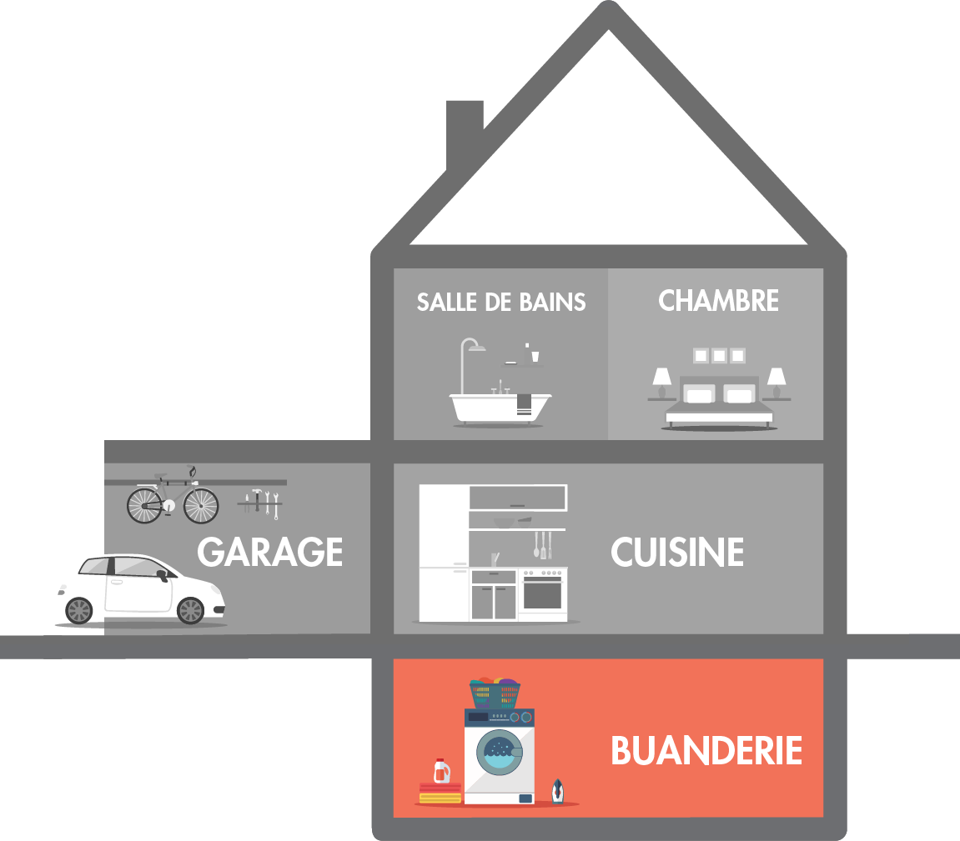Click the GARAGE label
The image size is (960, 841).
pyautogui.click(x=270, y=552)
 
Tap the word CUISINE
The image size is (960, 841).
pyautogui.click(x=677, y=552)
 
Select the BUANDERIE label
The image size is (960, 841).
pyautogui.click(x=706, y=750)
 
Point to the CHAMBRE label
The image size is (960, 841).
pyautogui.click(x=718, y=301)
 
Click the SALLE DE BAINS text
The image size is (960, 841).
pyautogui.click(x=501, y=302)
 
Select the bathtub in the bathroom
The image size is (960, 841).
pyautogui.click(x=500, y=407)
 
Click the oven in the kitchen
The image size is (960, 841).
pyautogui.click(x=542, y=593)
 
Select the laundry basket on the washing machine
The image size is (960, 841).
pyautogui.click(x=495, y=693)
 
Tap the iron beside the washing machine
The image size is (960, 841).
pyautogui.click(x=557, y=791)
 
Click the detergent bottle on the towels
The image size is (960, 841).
pyautogui.click(x=442, y=771)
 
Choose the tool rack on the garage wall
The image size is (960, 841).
pyautogui.click(x=259, y=502)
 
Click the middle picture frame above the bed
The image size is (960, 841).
pyautogui.click(x=719, y=356)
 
